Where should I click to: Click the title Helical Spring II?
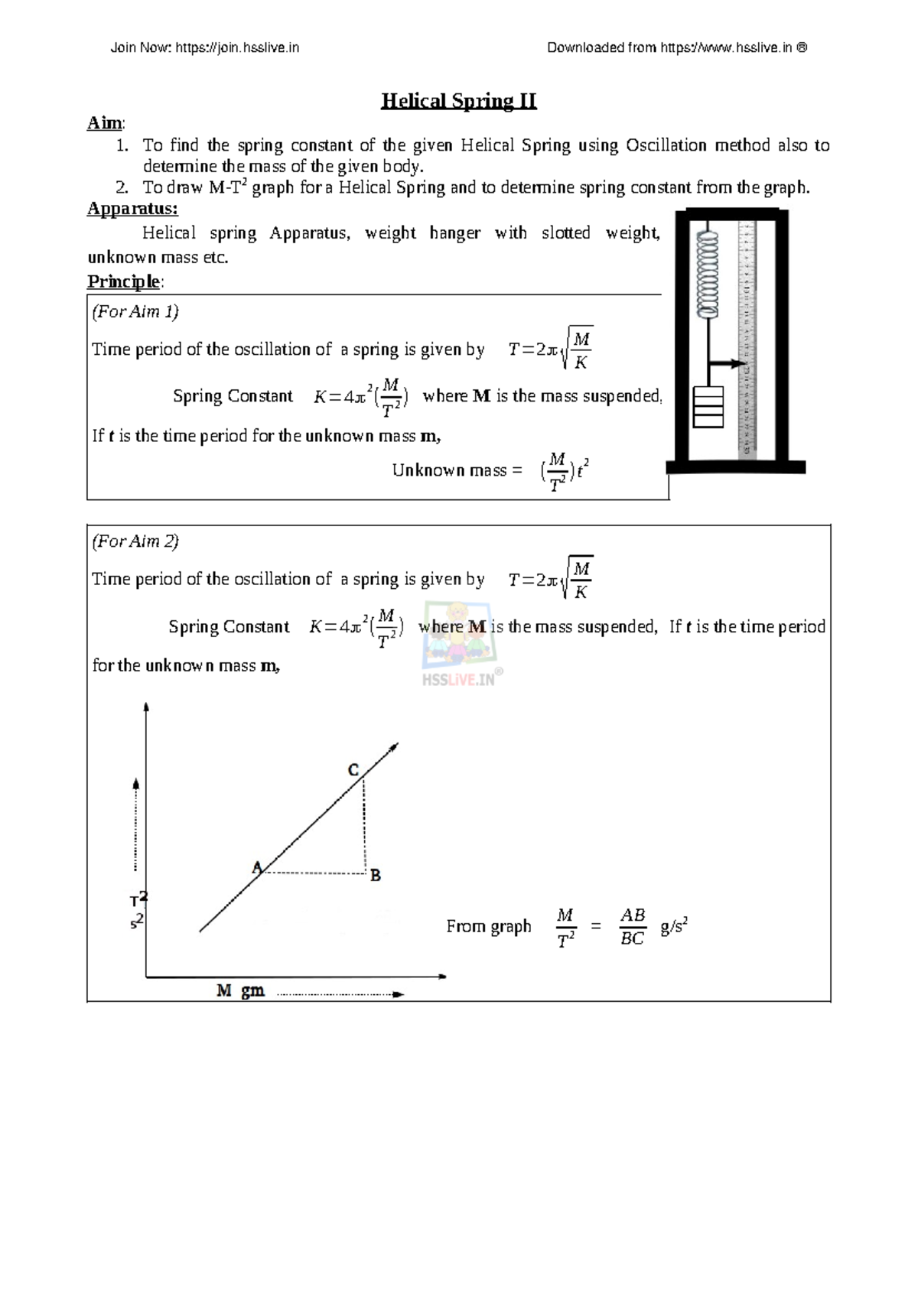(459, 101)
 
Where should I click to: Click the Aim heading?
(105, 123)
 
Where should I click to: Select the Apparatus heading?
(132, 208)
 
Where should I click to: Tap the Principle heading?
(123, 281)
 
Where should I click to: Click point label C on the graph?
(353, 770)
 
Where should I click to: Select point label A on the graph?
(257, 867)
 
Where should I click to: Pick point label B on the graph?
(376, 876)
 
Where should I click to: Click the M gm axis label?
(240, 991)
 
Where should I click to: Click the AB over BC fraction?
(632, 927)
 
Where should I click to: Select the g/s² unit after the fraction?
(674, 927)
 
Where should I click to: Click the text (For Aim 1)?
(135, 311)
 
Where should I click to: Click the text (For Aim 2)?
(135, 541)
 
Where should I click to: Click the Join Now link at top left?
(204, 47)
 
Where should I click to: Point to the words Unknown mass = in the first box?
(457, 470)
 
